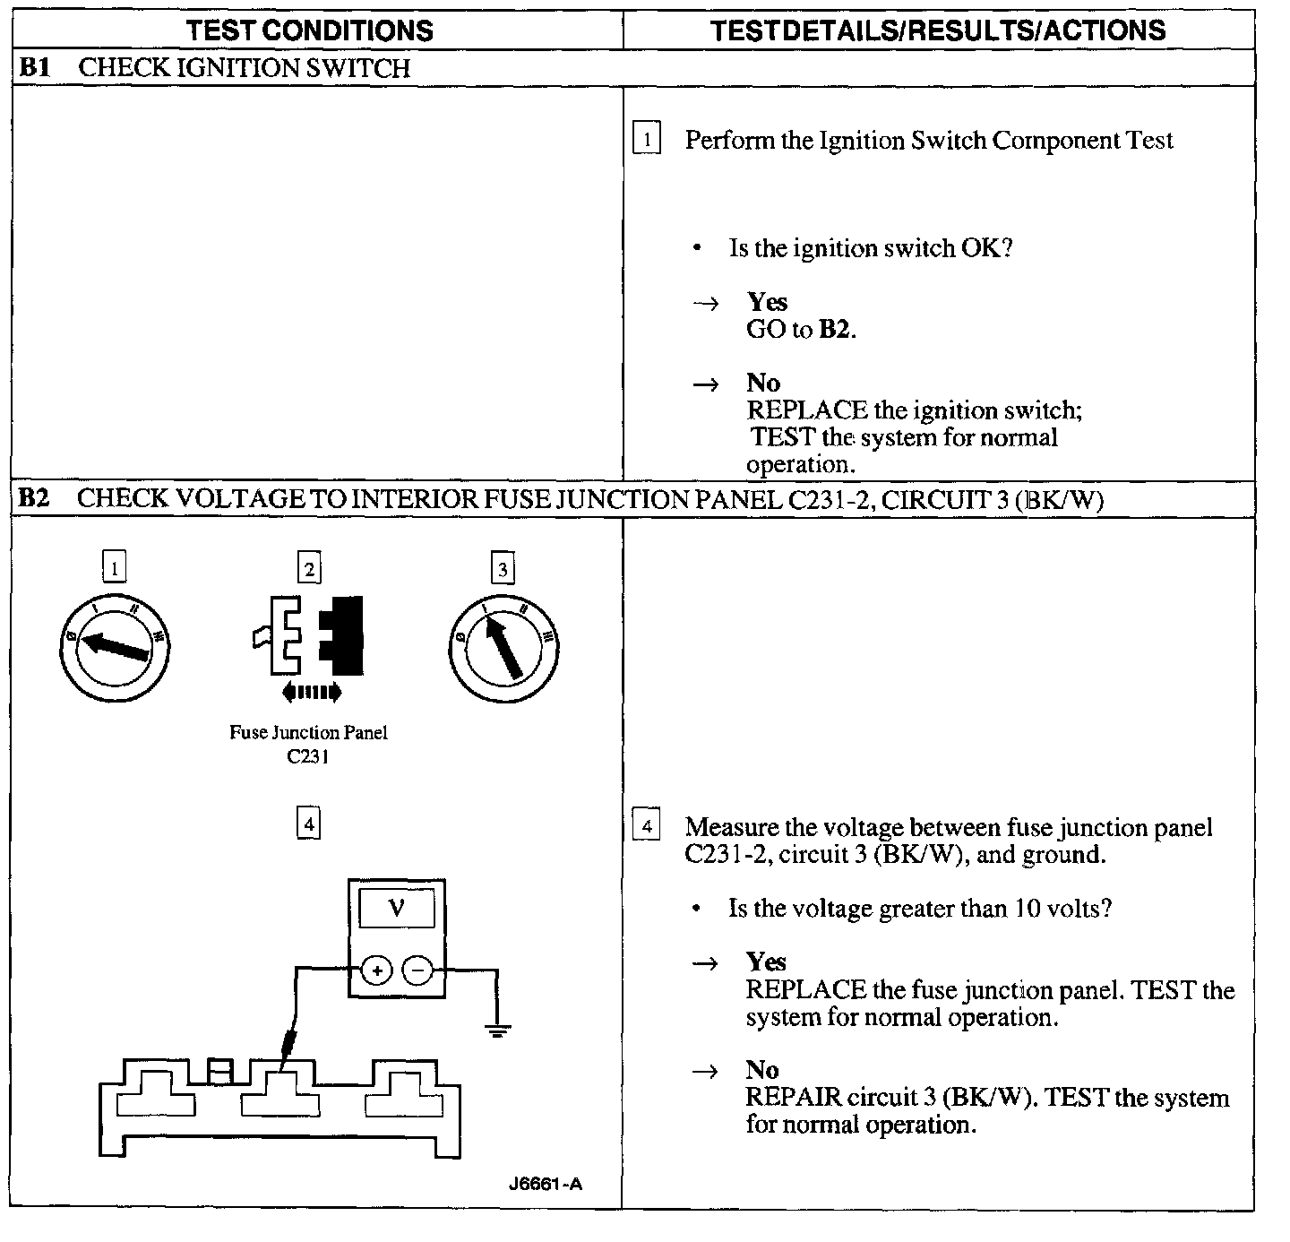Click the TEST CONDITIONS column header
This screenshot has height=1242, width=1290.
click(309, 30)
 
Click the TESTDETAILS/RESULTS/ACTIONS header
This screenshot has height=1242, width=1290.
click(938, 30)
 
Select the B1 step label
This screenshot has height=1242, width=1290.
click(33, 68)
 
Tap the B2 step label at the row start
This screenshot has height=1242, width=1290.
click(33, 499)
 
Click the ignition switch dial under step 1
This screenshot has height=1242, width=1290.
click(114, 646)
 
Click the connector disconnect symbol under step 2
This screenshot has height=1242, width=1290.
click(309, 634)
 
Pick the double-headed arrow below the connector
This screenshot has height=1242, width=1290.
click(310, 691)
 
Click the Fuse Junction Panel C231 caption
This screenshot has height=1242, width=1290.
click(308, 744)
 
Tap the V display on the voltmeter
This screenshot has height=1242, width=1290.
click(397, 909)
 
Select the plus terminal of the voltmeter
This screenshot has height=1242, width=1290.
click(377, 970)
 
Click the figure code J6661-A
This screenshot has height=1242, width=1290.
click(545, 1184)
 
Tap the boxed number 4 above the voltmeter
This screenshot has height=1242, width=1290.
click(308, 824)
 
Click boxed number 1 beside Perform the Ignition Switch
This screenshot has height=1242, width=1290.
click(646, 140)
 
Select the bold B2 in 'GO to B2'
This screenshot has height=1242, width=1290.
click(835, 329)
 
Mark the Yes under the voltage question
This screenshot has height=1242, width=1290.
click(766, 962)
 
